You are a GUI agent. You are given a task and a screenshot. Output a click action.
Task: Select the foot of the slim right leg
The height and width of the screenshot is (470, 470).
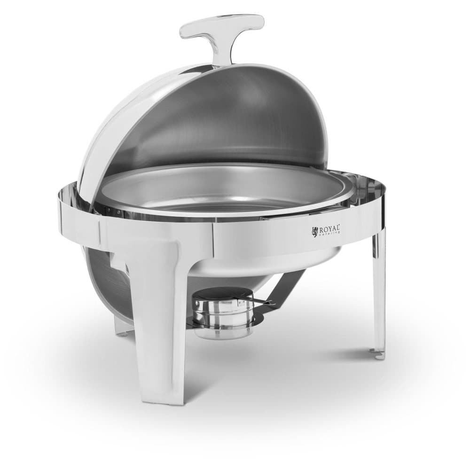[377, 353]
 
